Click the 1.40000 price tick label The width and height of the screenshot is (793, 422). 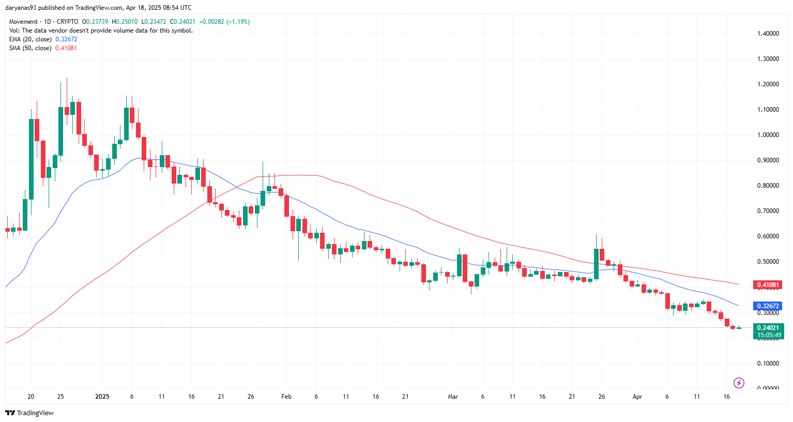(768, 34)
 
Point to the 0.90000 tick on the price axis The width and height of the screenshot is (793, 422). (768, 160)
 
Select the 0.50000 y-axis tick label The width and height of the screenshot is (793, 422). (768, 262)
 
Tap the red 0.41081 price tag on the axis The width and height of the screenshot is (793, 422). (768, 285)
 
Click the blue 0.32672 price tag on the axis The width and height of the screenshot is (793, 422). (768, 306)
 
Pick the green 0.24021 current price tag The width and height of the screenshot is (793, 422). (768, 327)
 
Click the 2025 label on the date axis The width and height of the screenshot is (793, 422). (102, 397)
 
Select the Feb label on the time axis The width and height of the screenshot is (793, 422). (286, 397)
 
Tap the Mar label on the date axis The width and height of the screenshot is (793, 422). (453, 397)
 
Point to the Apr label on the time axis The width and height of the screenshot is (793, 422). (637, 397)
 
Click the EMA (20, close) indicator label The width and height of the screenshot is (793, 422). (30, 39)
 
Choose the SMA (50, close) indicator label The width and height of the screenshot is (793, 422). (30, 48)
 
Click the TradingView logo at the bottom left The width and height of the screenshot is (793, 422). (29, 413)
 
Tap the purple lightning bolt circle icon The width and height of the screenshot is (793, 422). (739, 383)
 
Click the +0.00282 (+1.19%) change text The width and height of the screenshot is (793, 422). (224, 22)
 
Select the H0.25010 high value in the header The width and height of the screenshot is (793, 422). (126, 22)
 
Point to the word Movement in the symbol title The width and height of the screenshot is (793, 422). (23, 22)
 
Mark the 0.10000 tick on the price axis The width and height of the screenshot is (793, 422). (768, 364)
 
